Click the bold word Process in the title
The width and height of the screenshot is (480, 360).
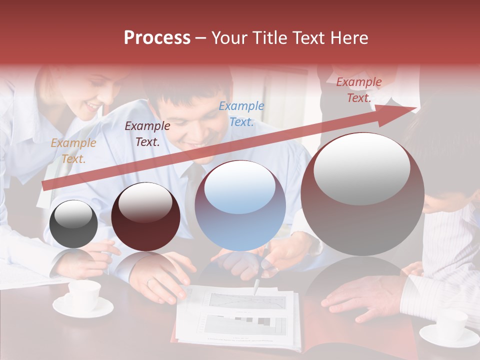coord(157,38)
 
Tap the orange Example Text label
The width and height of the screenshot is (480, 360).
coord(73,150)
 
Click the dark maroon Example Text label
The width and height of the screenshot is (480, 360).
coord(147,134)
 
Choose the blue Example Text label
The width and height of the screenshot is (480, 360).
coord(241,113)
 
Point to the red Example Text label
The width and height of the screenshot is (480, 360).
coord(358,90)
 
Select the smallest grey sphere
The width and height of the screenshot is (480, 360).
coord(74,224)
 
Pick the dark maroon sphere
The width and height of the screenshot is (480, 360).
coord(145,217)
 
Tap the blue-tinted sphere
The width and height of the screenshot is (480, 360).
coord(240,205)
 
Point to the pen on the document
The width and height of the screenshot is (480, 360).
coord(256,286)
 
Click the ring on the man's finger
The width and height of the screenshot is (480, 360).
coord(149,282)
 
